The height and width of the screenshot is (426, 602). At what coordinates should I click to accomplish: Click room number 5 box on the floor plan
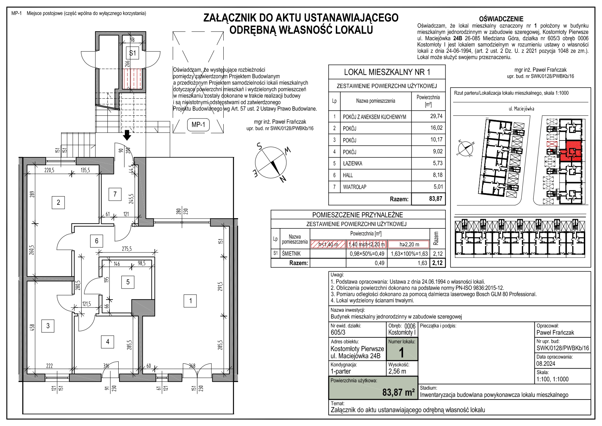[128, 282]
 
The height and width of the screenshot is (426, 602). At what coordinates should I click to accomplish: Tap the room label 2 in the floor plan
[58, 202]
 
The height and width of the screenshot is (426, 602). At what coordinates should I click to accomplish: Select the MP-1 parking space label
[198, 125]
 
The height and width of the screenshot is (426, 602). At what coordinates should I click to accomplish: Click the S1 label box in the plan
[132, 53]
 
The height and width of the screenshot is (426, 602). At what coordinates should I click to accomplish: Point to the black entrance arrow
[127, 135]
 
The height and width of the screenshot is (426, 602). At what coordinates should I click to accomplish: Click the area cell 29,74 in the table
[436, 116]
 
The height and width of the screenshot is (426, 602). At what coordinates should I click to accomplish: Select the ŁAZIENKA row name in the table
[353, 164]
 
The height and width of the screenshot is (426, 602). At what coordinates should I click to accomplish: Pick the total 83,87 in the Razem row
[435, 199]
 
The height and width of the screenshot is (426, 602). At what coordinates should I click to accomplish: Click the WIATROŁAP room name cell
[355, 187]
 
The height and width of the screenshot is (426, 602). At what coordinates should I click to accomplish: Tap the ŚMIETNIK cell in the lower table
[291, 254]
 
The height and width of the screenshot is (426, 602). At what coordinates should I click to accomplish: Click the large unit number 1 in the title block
[401, 353]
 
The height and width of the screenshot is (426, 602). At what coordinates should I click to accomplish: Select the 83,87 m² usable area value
[398, 392]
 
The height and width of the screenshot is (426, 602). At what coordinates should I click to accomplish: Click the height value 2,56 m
[397, 371]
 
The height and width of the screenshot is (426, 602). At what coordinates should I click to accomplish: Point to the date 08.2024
[546, 363]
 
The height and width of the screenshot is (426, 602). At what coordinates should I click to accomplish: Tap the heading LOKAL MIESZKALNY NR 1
[387, 72]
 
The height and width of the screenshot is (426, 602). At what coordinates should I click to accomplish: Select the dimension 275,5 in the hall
[127, 249]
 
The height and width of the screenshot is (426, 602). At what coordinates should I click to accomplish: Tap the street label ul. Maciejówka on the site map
[521, 109]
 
